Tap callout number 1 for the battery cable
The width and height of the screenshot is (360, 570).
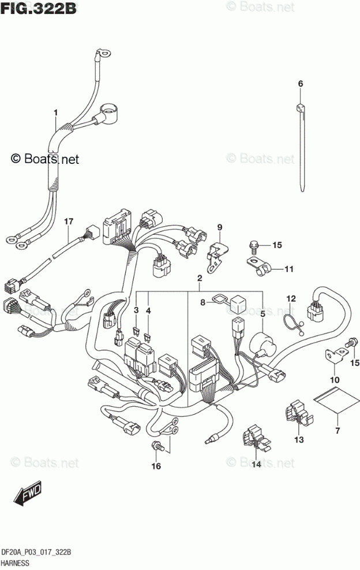56,111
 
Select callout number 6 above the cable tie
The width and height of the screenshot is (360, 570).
300,85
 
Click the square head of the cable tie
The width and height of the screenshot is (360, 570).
301,107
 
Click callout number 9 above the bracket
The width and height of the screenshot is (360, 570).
219,227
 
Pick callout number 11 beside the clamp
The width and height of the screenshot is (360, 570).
288,269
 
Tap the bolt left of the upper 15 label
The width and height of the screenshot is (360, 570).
254,246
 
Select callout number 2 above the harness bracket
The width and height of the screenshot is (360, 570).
199,279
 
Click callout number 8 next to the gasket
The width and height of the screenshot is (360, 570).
202,302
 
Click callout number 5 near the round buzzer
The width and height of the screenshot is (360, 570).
262,314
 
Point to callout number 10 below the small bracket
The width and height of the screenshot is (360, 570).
334,379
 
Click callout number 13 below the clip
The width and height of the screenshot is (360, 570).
298,440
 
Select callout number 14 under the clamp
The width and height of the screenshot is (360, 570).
254,463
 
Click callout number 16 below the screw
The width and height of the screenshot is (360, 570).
155,466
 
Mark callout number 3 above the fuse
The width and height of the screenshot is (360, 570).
136,310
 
